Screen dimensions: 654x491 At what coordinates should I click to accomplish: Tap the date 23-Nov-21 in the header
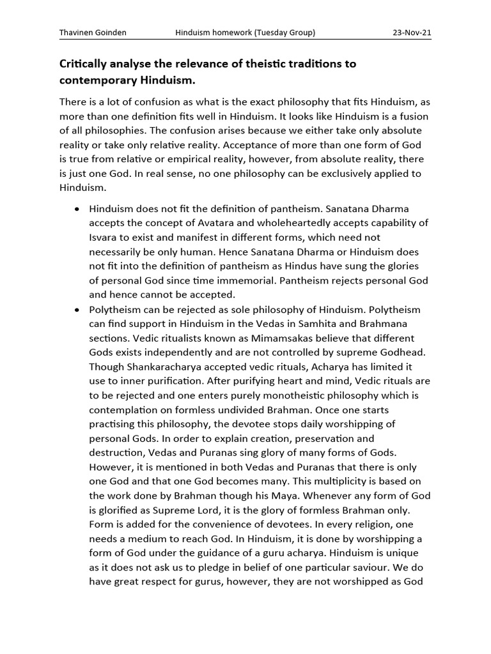[x=412, y=32]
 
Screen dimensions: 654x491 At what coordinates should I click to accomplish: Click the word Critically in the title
[x=87, y=64]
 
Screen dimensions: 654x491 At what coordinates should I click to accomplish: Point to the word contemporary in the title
[x=100, y=81]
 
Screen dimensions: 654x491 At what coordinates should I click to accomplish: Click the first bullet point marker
[x=77, y=209]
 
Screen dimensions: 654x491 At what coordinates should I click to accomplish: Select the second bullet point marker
[x=77, y=310]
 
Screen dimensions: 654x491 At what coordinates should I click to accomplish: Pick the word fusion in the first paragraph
[x=409, y=116]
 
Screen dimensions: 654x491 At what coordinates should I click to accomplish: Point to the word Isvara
[x=104, y=238]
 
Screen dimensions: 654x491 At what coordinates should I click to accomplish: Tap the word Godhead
[x=398, y=353]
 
